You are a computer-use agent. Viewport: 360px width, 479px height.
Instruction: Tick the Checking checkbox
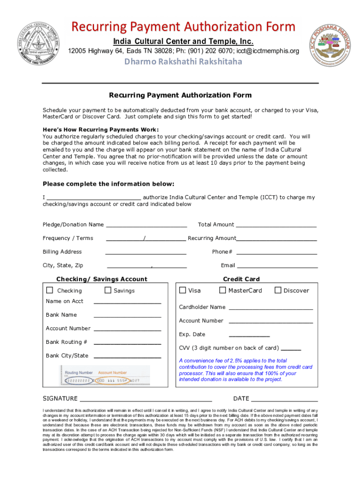[50, 290]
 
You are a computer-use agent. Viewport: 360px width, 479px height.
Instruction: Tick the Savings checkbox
[108, 290]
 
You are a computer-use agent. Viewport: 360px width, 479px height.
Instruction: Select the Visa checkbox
[183, 290]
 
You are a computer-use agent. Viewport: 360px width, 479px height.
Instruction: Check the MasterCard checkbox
[223, 290]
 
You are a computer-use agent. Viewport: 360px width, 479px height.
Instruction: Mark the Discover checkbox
[278, 290]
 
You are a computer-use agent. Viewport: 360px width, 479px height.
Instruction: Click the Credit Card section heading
[241, 279]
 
